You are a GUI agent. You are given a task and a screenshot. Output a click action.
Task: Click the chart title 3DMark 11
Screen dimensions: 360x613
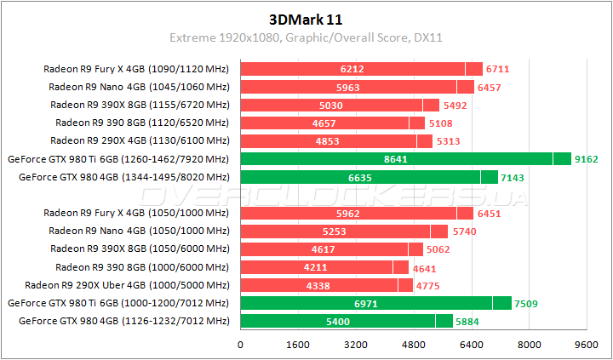pos(306,18)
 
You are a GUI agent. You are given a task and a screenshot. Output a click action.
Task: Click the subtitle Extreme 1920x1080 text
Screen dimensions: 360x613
pos(227,37)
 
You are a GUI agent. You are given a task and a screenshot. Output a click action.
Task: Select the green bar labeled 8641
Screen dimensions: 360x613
pos(397,159)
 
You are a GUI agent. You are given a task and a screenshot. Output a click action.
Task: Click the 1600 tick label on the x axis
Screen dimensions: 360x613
pos(298,346)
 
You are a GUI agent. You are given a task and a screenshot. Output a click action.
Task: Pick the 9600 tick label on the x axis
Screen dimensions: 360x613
pos(586,346)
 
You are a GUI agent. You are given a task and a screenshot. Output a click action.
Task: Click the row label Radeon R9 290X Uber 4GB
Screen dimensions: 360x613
pos(128,286)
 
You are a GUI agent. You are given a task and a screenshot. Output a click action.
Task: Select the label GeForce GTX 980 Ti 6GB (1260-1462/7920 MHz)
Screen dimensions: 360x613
pos(118,159)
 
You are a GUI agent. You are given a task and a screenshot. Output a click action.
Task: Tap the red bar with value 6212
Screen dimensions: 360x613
pos(352,69)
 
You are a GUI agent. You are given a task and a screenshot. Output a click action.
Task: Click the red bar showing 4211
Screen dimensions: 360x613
pos(317,267)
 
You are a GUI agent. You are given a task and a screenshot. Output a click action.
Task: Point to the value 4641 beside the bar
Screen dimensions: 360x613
pos(427,267)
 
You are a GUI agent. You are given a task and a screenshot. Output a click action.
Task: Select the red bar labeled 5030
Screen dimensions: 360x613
pos(331,105)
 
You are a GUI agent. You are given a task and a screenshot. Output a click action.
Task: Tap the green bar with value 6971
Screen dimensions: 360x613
pos(366,303)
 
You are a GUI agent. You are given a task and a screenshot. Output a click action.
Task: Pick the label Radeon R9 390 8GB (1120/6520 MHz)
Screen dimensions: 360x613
pos(140,123)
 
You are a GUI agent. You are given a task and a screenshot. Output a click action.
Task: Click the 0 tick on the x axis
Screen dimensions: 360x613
pos(241,346)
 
